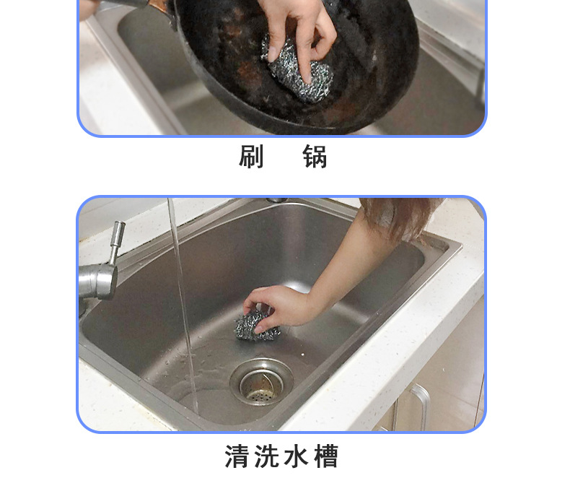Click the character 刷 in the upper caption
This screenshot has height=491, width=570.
[251, 157]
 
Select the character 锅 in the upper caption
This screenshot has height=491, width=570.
[315, 157]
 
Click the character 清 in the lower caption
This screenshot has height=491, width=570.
[237, 456]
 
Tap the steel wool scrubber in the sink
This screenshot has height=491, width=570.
[256, 323]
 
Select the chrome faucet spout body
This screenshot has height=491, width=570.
[98, 280]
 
